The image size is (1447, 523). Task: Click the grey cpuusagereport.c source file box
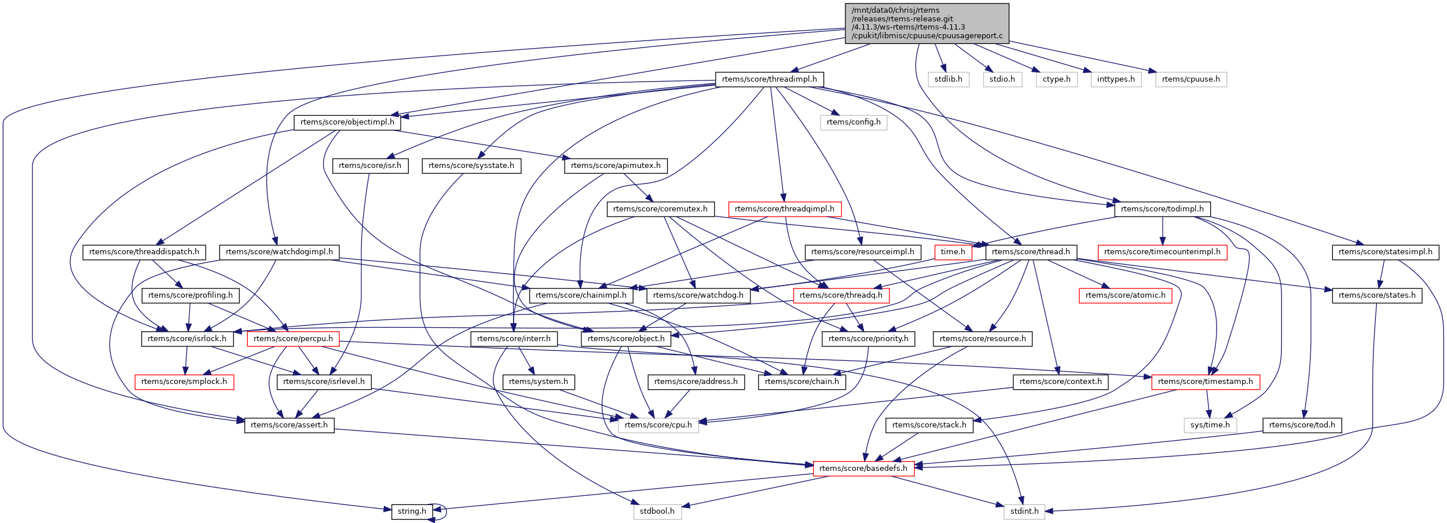pyautogui.click(x=926, y=23)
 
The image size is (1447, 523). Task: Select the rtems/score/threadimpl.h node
pyautogui.click(x=769, y=79)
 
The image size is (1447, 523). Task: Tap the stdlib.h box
pyautogui.click(x=948, y=79)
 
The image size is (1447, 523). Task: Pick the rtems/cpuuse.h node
pyautogui.click(x=1190, y=79)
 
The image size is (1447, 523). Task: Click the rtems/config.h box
pyautogui.click(x=853, y=122)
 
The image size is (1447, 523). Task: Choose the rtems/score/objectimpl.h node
pyautogui.click(x=347, y=122)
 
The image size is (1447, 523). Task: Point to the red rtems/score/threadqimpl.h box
pyautogui.click(x=784, y=209)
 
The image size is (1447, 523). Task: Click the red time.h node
pyautogui.click(x=953, y=252)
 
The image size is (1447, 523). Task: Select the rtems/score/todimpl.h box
pyautogui.click(x=1162, y=209)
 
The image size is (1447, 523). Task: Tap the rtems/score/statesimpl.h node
pyautogui.click(x=1385, y=252)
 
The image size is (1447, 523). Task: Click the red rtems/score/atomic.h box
pyautogui.click(x=1125, y=295)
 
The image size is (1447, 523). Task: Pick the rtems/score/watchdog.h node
pyautogui.click(x=698, y=295)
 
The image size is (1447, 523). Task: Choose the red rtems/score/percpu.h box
pyautogui.click(x=293, y=339)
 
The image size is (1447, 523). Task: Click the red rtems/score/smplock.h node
pyautogui.click(x=184, y=382)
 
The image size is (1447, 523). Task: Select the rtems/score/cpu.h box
pyautogui.click(x=658, y=425)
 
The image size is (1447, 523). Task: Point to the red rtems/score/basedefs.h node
pyautogui.click(x=863, y=469)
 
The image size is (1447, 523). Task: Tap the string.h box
pyautogui.click(x=412, y=511)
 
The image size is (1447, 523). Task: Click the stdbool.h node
pyautogui.click(x=657, y=511)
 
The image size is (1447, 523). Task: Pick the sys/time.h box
pyautogui.click(x=1210, y=425)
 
